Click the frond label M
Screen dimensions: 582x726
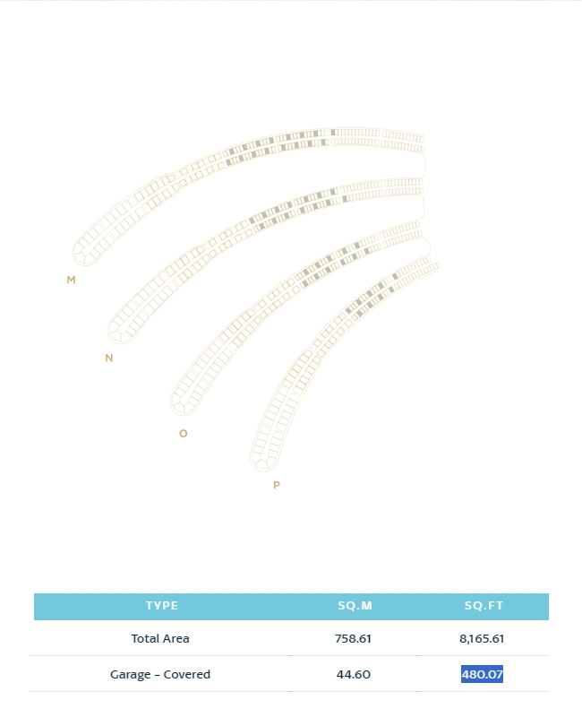click(71, 280)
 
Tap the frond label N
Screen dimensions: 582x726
click(109, 358)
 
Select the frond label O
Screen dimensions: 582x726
click(184, 434)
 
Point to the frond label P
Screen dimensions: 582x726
click(276, 485)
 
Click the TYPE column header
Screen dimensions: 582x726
click(162, 606)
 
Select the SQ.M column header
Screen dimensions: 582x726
click(355, 606)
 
